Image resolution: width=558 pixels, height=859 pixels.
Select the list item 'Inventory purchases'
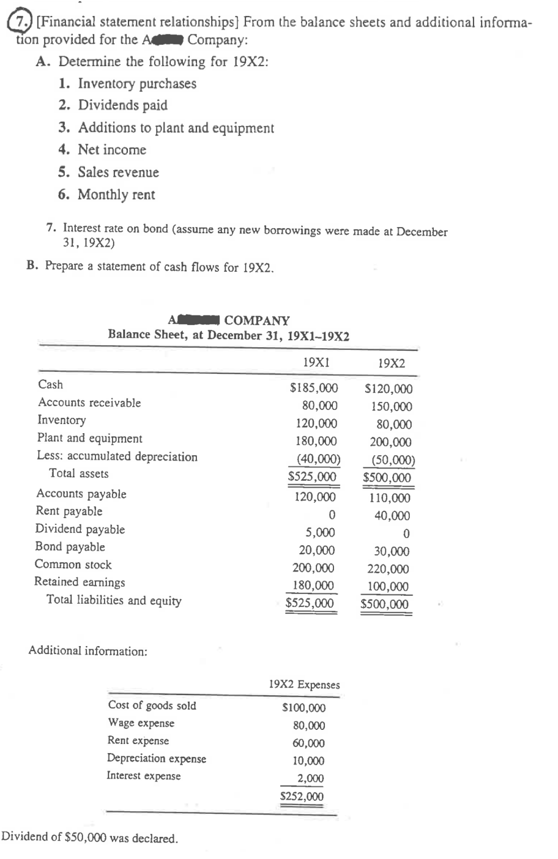(x=137, y=84)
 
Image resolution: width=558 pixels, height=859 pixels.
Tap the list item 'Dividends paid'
(x=122, y=105)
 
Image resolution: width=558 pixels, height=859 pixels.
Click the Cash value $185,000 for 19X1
(x=313, y=388)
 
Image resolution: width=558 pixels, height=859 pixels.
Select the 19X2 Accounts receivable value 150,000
(x=391, y=406)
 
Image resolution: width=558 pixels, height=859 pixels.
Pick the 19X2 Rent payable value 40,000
(x=392, y=516)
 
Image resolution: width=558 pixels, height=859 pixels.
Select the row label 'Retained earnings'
(x=80, y=582)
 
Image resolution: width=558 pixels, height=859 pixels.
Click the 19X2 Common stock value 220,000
(x=388, y=569)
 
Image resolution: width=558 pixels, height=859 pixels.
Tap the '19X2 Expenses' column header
(x=304, y=685)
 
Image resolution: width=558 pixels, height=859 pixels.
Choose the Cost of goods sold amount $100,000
(x=303, y=708)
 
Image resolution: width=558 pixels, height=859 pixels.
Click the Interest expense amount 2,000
(x=311, y=778)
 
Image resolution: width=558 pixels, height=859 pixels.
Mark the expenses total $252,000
(x=302, y=797)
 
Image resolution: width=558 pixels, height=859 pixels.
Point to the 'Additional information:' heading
(x=87, y=651)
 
